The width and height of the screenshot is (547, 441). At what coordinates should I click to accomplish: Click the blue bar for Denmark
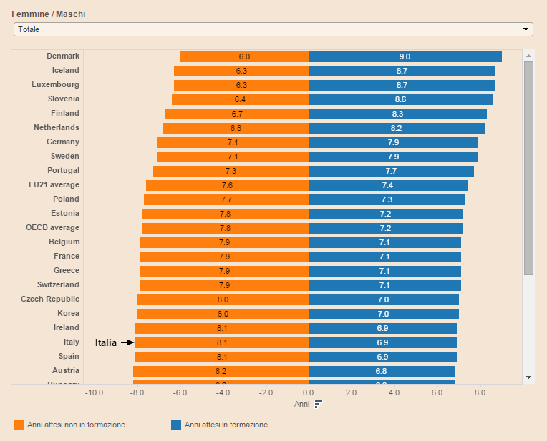[x=405, y=56]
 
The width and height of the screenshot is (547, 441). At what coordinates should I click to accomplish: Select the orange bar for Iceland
[x=241, y=71]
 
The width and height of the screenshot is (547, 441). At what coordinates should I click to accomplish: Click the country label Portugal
[x=64, y=170]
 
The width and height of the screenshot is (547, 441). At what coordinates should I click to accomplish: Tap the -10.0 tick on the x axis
[x=94, y=392]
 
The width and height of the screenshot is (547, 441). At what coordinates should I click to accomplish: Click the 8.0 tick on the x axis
[x=480, y=392]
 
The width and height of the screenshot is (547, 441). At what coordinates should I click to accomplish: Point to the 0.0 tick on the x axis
[x=309, y=392]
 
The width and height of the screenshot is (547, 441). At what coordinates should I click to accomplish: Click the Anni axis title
[x=302, y=404]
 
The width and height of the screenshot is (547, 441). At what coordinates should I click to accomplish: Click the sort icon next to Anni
[x=319, y=404]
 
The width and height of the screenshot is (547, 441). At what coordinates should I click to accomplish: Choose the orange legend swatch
[x=19, y=425]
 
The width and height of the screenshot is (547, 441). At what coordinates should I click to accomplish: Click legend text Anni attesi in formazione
[x=226, y=425]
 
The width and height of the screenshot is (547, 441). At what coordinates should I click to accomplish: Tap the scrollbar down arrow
[x=528, y=376]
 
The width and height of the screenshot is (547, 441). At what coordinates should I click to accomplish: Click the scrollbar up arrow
[x=528, y=56]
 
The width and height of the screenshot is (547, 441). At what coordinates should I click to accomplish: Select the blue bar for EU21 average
[x=388, y=185]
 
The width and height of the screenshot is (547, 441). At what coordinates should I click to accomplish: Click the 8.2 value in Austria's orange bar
[x=221, y=371]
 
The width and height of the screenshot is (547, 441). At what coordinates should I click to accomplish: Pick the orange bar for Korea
[x=223, y=314]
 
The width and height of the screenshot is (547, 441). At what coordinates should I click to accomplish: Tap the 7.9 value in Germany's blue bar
[x=393, y=142]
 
